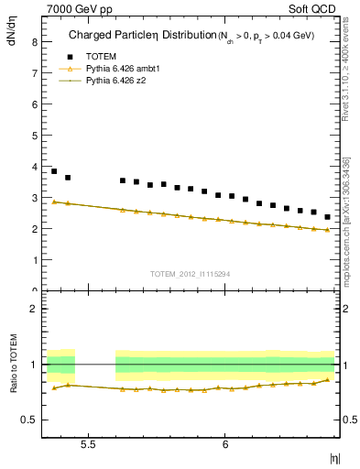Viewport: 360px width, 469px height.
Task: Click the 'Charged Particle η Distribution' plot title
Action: pyautogui.click(x=136, y=37)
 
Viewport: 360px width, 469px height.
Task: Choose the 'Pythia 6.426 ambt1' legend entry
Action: pyautogui.click(x=122, y=69)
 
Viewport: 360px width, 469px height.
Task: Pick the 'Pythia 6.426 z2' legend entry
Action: pyautogui.click(x=116, y=82)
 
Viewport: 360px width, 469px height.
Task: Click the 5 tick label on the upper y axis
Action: pyautogui.click(x=35, y=135)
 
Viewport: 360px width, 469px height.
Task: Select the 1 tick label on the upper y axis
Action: pyautogui.click(x=35, y=259)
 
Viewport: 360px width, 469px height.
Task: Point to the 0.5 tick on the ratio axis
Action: pyautogui.click(x=30, y=420)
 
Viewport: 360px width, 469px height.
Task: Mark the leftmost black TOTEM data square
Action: pyautogui.click(x=54, y=171)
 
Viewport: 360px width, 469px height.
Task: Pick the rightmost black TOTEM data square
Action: pyautogui.click(x=327, y=217)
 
